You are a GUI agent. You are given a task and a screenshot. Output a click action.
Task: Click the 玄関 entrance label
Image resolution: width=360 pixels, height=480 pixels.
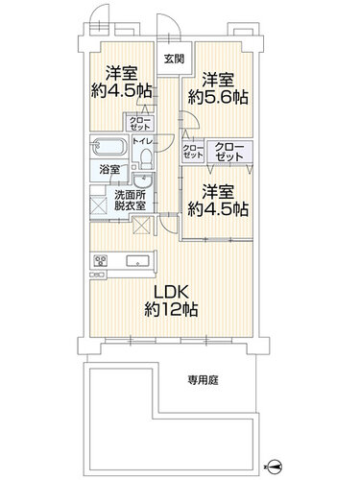[174, 59]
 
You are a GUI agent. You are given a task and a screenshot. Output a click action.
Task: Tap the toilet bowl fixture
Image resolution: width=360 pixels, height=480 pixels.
[147, 158]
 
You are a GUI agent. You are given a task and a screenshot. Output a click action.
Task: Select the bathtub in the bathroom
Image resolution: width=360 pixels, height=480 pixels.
[108, 147]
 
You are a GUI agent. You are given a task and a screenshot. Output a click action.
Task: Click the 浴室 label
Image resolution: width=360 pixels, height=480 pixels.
[109, 170]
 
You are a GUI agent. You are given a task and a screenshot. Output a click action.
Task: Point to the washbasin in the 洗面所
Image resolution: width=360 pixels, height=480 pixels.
[143, 181]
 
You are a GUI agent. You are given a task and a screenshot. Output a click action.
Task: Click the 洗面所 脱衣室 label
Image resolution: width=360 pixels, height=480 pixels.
[130, 201]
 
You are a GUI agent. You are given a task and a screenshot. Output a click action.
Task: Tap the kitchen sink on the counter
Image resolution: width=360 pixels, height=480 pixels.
[137, 261]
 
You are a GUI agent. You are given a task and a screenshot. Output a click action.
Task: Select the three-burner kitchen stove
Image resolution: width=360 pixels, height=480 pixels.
[100, 261]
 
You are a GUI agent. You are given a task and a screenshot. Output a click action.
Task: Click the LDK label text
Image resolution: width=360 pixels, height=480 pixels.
[171, 292]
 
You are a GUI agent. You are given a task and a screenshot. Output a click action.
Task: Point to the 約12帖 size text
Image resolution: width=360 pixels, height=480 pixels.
[171, 309]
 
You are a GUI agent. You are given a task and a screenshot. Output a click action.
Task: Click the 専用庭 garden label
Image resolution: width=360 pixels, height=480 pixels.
[203, 380]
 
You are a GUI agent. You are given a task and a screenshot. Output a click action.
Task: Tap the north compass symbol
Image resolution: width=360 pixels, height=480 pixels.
[275, 467]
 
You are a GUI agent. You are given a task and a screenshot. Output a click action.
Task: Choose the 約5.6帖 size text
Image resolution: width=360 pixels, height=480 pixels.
[218, 97]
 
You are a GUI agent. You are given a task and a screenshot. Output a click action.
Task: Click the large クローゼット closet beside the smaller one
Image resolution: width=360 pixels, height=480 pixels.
[229, 152]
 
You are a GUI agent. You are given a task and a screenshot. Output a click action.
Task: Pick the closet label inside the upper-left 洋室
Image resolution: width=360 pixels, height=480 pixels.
[139, 123]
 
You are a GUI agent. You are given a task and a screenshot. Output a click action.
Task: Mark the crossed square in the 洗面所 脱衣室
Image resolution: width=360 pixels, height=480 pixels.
[99, 205]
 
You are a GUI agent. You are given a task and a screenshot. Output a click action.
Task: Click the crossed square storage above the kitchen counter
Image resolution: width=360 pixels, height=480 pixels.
[141, 226]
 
